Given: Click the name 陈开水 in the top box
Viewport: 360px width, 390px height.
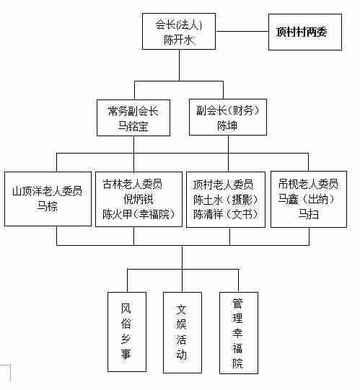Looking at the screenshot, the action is click(179, 40).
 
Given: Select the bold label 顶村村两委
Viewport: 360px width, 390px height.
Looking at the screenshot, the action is click(302, 32).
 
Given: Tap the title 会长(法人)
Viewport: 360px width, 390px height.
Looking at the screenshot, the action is click(179, 25).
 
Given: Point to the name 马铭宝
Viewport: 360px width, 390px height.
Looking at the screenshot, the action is click(133, 126).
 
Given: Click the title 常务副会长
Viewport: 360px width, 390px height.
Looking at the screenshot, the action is click(133, 111).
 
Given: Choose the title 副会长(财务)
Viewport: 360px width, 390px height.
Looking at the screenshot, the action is click(228, 110).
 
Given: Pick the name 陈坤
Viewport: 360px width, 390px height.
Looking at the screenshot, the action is click(227, 125).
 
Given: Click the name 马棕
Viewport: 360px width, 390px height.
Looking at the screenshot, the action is click(47, 206).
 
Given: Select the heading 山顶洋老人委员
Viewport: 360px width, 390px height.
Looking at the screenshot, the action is click(47, 191).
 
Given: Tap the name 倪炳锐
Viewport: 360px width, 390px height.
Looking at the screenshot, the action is click(139, 199).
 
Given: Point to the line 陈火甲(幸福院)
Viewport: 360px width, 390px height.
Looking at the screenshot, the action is click(139, 214).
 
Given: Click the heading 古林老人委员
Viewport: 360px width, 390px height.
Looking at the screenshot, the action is click(133, 184).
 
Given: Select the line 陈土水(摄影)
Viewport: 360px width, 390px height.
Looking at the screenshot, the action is click(226, 200).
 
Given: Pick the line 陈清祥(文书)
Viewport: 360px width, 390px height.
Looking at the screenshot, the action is click(226, 214).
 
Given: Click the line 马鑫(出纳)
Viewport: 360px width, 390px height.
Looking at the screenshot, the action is click(306, 199).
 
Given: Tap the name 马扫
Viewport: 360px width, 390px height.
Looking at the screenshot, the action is click(309, 214).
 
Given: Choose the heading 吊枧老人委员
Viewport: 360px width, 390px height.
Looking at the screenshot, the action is click(308, 184).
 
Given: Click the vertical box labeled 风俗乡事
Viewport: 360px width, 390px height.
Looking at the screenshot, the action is click(127, 332).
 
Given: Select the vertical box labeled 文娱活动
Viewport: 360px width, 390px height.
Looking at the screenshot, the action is click(183, 332).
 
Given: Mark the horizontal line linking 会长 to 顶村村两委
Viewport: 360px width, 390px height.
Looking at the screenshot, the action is click(242, 31).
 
